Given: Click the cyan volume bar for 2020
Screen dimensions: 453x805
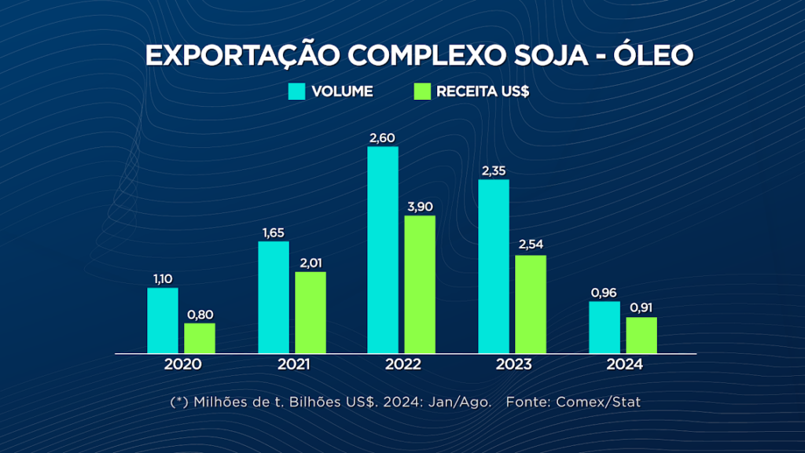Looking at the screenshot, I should (x=163, y=321).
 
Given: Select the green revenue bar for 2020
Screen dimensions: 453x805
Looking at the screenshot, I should (x=200, y=338).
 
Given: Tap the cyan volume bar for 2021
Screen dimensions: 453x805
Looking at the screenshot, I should (x=274, y=297).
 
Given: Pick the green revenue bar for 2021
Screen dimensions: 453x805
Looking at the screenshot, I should (x=311, y=313).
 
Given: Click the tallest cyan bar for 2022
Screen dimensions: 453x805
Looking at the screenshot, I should (x=383, y=250).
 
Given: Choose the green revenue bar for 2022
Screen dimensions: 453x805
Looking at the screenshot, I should (x=420, y=285).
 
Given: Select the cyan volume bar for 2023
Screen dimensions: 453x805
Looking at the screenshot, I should (x=494, y=267).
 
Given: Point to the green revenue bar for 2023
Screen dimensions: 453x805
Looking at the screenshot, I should (x=531, y=304).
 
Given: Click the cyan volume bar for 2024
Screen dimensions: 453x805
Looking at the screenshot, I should (x=605, y=327).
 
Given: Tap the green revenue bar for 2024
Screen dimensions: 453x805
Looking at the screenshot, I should (x=641, y=335).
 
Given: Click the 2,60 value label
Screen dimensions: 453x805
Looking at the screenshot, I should (x=383, y=138).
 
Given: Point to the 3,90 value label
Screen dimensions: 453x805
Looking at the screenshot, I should (x=420, y=207).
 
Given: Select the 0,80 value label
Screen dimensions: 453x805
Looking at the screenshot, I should (x=200, y=315).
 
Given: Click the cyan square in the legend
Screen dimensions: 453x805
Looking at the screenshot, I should (x=296, y=91).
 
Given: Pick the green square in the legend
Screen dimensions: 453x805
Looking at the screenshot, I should (x=422, y=91).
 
